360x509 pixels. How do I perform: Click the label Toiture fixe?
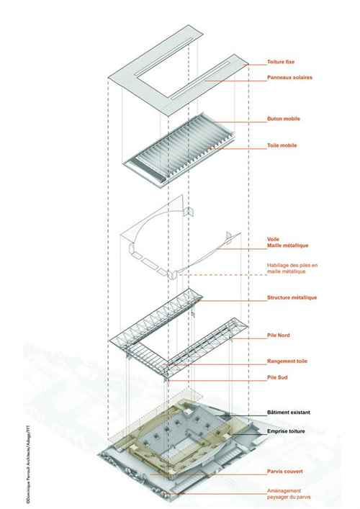281,62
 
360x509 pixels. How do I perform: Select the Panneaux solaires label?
289,78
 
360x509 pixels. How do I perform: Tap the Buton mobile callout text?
284,119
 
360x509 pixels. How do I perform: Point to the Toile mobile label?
282,145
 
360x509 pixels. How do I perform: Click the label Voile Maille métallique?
287,243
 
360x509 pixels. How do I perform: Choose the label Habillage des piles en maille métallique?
292,268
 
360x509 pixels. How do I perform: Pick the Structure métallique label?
292,297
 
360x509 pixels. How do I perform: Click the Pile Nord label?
279,335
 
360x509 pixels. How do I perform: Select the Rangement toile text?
287,361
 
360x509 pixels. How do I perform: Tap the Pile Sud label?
277,377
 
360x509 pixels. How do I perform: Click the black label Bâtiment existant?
289,413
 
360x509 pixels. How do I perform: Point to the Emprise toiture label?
286,431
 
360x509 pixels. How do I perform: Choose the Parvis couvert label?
285,472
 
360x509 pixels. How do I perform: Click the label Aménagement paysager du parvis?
289,494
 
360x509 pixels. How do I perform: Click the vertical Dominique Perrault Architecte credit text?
28,461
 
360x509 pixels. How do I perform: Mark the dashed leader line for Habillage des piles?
222,275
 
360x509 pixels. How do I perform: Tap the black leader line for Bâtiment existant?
241,415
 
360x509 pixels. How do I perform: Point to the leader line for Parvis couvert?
208,474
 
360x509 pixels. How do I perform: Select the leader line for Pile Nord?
249,338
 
